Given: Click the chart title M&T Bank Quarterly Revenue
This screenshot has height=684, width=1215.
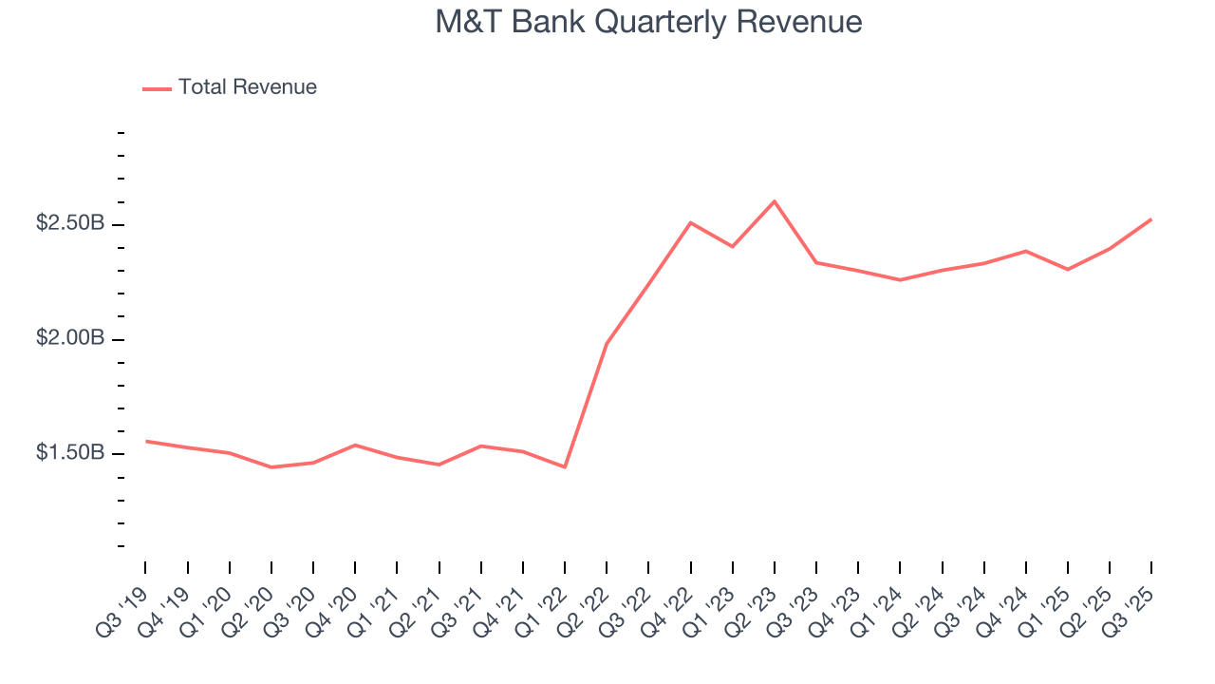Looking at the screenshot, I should pos(648,22).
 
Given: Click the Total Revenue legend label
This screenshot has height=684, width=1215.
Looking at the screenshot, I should pos(247,87).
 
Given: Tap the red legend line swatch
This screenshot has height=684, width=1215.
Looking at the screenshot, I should pos(157,88).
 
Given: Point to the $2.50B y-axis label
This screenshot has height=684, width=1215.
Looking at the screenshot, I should pos(69,223).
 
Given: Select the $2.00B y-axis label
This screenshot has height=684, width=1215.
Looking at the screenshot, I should pos(69,338).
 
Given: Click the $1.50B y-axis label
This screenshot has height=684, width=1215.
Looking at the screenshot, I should pos(69,453).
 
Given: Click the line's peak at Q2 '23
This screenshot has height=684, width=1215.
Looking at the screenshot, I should pos(775,201).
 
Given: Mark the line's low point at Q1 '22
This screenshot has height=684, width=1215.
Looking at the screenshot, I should pos(565,466).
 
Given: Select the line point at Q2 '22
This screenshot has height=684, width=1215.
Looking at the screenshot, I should pos(607,343).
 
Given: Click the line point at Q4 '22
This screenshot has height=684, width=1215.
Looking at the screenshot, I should pos(690,222).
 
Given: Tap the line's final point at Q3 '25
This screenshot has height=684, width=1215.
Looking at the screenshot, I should pos(1151,219).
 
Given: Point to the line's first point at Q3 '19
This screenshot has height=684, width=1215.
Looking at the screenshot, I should pos(146,441).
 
